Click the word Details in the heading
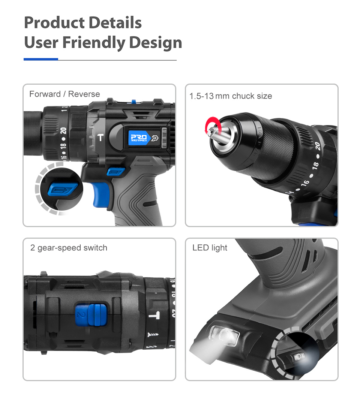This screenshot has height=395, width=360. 112,23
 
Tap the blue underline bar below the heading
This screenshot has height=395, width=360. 40,59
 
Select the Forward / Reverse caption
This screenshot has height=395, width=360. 64,94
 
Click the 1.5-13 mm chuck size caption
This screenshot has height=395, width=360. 231,96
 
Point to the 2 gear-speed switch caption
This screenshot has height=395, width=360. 69,248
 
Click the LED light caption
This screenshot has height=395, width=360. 210,248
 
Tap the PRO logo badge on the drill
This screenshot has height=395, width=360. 139,137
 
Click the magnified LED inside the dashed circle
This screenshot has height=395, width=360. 299,356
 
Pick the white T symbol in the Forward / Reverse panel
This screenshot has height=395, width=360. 100,138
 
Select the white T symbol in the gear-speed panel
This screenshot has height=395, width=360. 152,315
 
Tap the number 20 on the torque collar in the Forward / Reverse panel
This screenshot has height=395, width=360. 63,132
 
